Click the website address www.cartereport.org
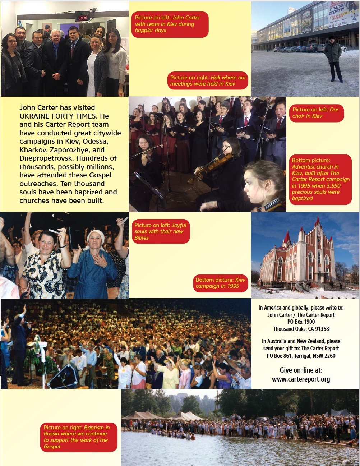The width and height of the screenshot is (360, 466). [x=301, y=379]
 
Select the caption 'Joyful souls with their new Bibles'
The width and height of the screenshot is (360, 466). [x=161, y=231]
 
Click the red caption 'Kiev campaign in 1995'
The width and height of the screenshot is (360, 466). [x=220, y=283]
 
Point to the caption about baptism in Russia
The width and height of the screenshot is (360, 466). [x=78, y=437]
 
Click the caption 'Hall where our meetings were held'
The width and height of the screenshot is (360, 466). [x=208, y=80]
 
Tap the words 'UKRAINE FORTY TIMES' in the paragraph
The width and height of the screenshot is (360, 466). [x=58, y=116]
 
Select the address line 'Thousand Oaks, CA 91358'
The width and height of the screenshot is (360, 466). [x=301, y=329]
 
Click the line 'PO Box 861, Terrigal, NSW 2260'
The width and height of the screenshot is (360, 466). [x=301, y=356]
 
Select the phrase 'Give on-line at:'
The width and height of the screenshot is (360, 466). [x=301, y=370]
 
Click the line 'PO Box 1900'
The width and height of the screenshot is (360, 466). [x=301, y=322]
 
